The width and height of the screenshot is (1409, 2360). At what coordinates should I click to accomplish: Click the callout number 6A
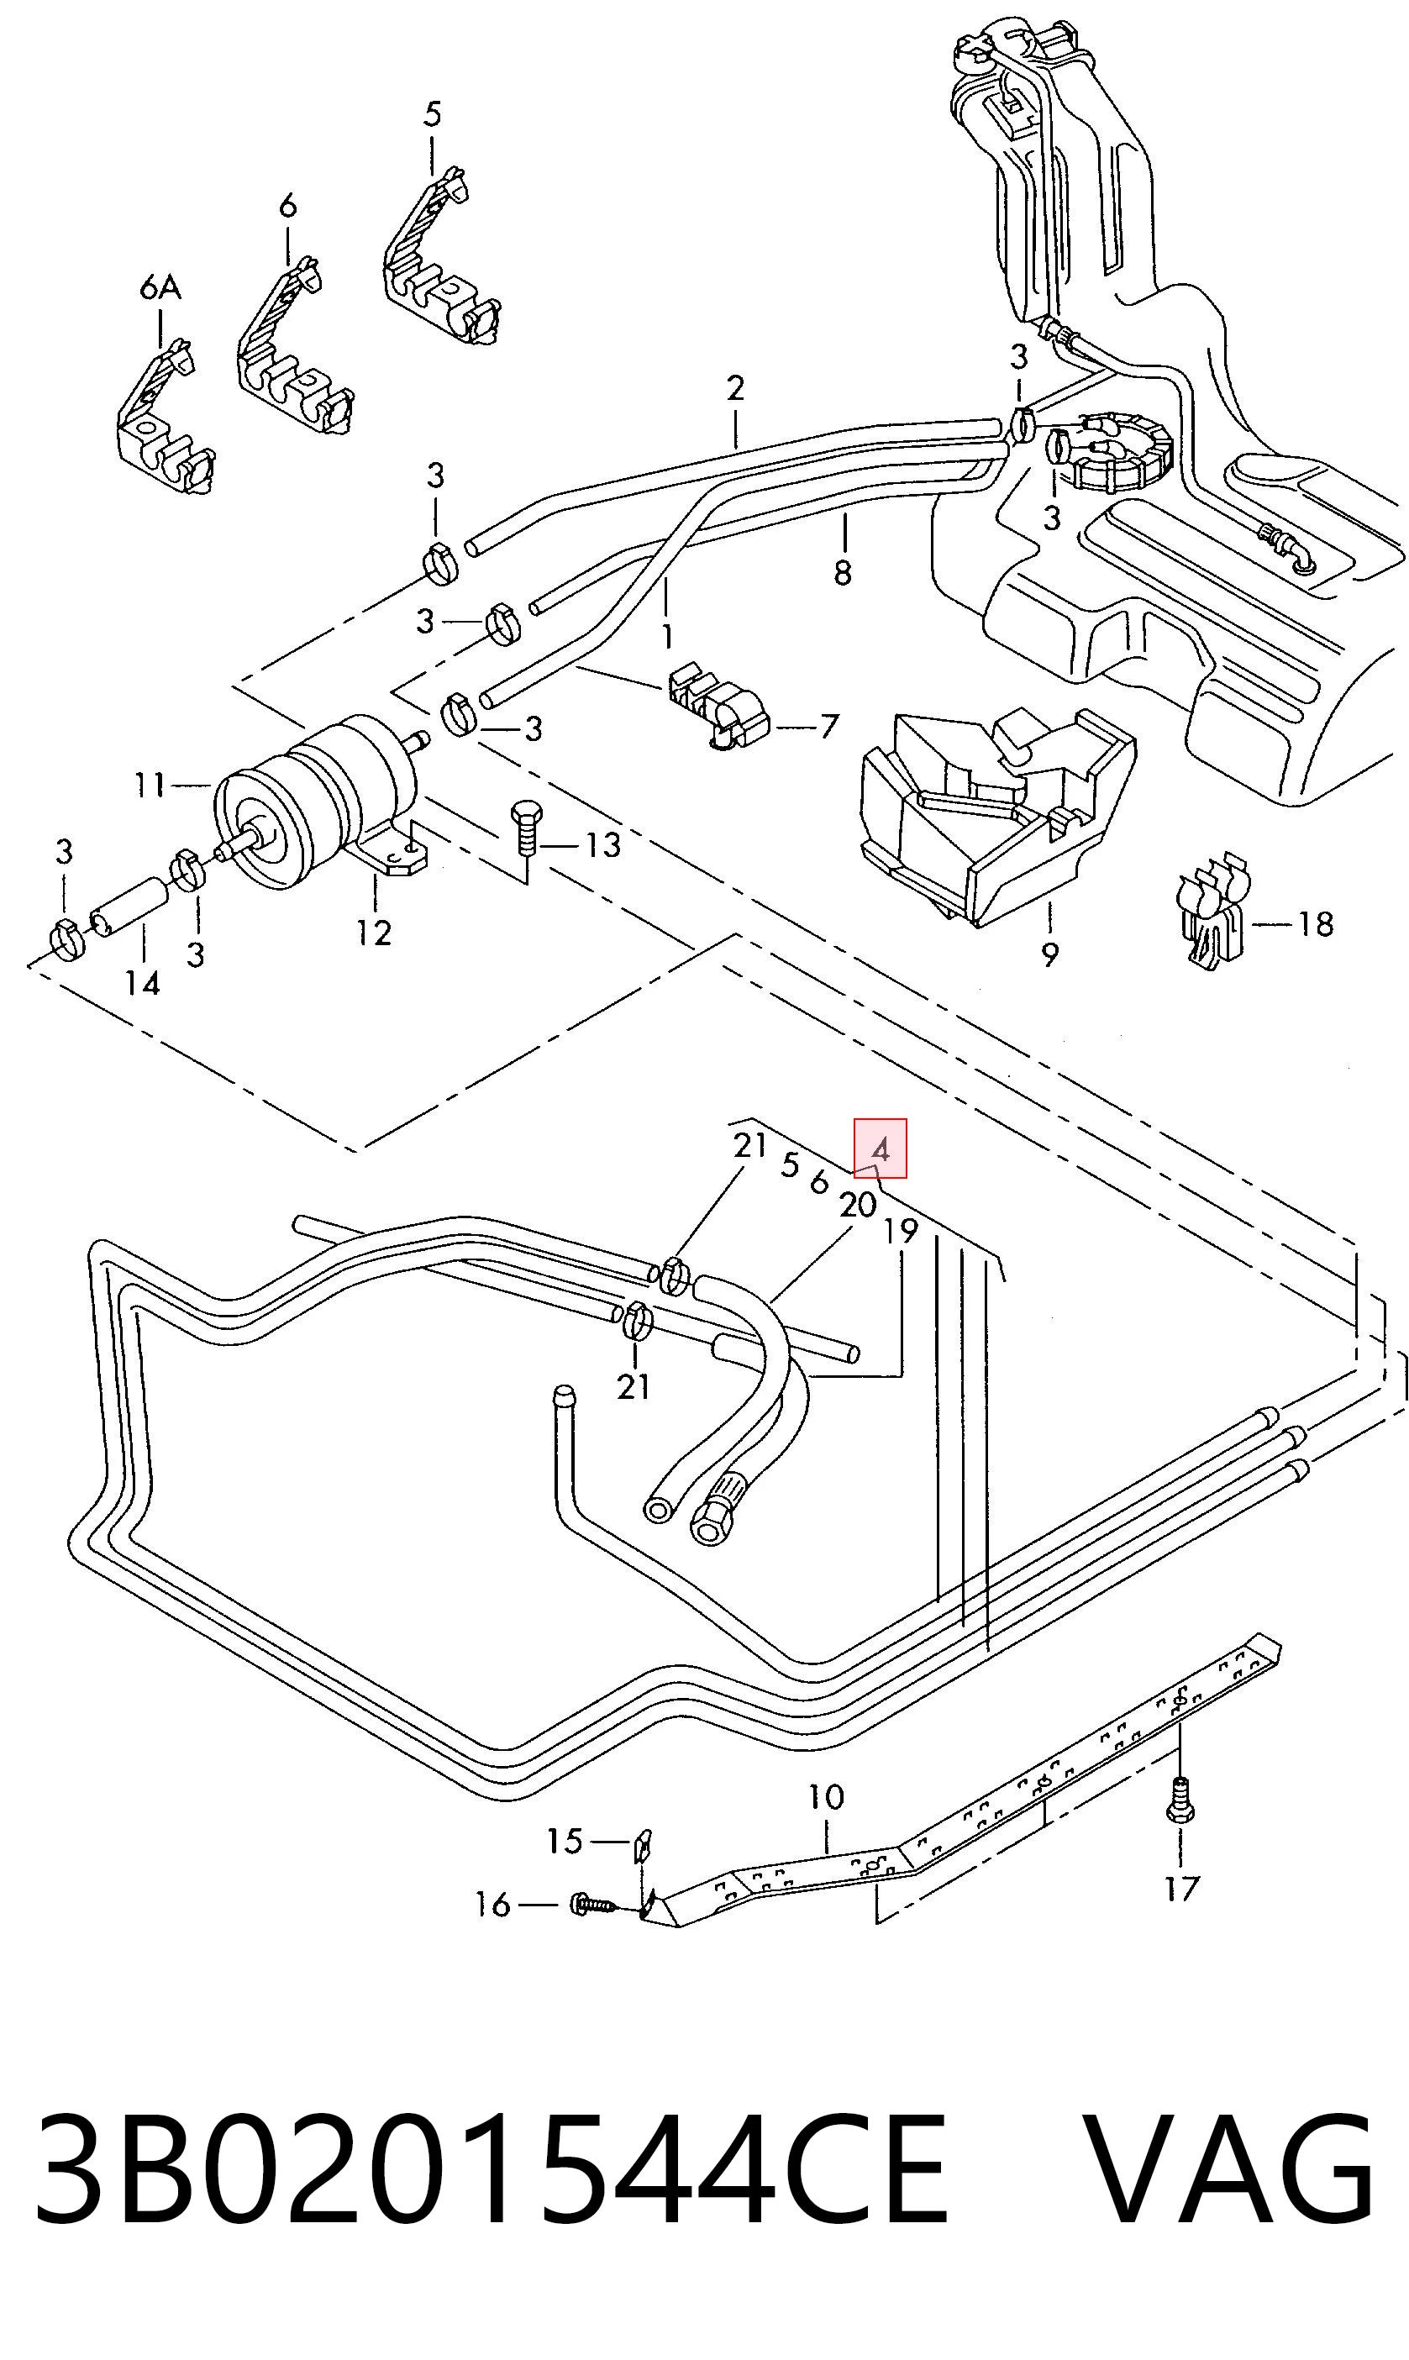click(x=160, y=286)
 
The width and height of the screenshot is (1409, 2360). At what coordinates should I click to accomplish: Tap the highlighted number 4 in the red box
click(x=881, y=1149)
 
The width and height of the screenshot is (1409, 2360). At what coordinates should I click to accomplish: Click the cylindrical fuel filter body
click(x=313, y=802)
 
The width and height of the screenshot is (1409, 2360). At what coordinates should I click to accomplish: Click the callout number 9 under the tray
click(x=1049, y=954)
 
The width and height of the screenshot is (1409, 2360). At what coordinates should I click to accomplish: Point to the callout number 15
click(x=564, y=1841)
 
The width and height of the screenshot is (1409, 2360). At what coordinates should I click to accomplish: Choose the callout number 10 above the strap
click(x=826, y=1796)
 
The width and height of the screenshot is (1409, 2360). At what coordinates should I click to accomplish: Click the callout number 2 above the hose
click(x=735, y=388)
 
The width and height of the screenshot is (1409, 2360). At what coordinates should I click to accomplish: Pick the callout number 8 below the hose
click(x=842, y=571)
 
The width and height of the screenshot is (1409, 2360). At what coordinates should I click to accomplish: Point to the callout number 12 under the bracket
click(x=374, y=933)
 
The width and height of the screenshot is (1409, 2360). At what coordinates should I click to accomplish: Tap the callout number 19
click(x=900, y=1232)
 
